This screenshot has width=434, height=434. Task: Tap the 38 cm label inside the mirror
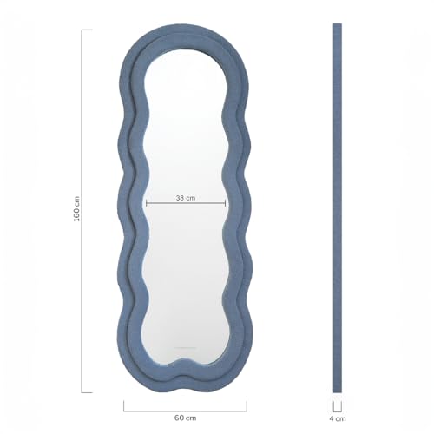click(x=186, y=198)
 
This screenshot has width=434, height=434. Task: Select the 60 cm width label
click(x=185, y=418)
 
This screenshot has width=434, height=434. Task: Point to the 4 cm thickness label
click(x=337, y=418)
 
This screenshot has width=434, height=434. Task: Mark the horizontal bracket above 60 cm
click(x=185, y=407)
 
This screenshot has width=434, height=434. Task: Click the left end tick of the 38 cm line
click(x=146, y=205)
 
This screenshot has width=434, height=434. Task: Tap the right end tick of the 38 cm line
click(x=226, y=205)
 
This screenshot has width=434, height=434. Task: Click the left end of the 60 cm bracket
click(x=123, y=404)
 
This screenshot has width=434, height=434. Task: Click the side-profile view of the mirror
click(x=337, y=208)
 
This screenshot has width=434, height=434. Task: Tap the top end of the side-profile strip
click(x=337, y=26)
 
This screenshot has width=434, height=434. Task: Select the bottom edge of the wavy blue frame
click(x=185, y=382)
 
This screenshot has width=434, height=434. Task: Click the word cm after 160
click(x=76, y=200)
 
